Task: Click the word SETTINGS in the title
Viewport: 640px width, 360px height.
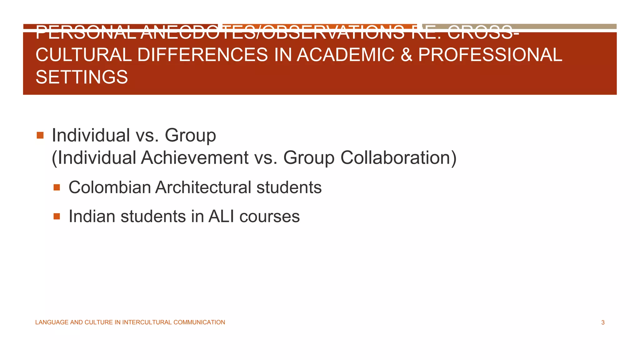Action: click(82, 77)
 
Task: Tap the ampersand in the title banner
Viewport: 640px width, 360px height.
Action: click(406, 55)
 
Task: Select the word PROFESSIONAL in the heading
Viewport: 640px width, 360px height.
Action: click(490, 55)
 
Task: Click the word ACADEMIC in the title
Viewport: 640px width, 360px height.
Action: click(345, 55)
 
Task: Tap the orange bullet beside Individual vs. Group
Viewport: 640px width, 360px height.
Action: click(40, 135)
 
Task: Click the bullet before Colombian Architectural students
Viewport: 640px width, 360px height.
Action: click(57, 187)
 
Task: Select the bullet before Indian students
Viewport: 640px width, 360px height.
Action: click(57, 216)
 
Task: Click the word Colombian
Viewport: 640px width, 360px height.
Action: click(110, 187)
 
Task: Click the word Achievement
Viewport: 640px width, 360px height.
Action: click(195, 157)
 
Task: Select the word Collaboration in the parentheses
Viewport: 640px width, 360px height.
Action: click(395, 157)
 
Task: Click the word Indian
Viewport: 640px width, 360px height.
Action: click(92, 216)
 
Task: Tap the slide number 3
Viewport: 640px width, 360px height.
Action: click(603, 322)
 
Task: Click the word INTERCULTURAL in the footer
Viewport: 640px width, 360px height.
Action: click(147, 322)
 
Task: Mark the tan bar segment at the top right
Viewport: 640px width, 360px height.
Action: click(519, 26)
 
